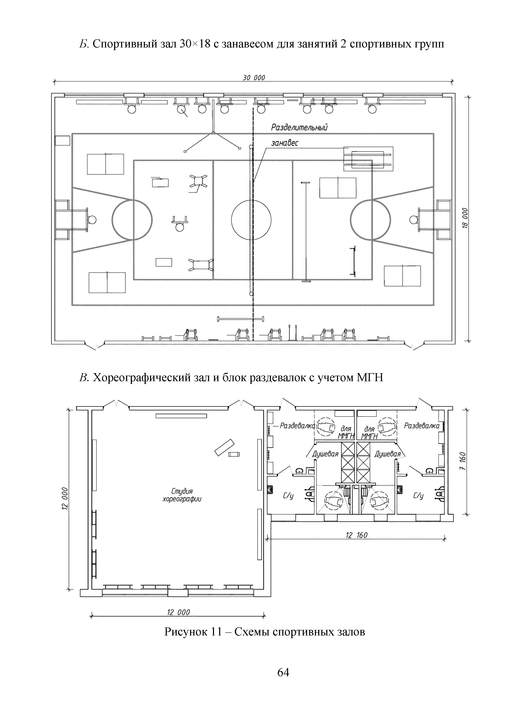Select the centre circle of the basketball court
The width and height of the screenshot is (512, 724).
point(251,220)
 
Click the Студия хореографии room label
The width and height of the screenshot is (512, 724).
point(182,495)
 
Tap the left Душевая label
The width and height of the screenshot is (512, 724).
point(325,454)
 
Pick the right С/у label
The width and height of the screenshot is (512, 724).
point(418,496)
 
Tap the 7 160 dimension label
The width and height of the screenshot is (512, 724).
point(462,461)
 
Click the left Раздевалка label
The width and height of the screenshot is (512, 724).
point(297,426)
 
